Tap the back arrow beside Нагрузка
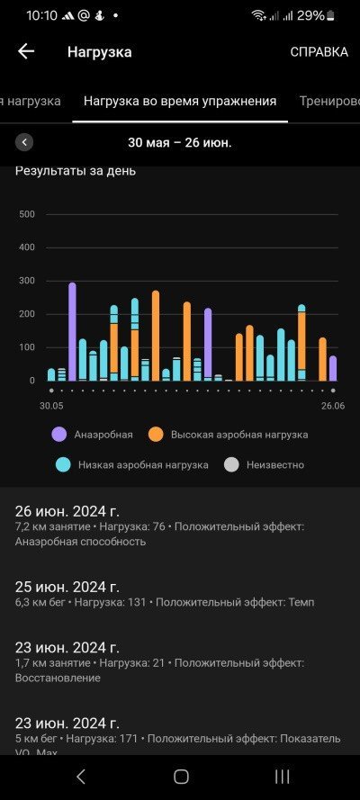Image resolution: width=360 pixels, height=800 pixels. coord(26,51)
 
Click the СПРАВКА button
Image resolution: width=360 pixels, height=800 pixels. coord(319,52)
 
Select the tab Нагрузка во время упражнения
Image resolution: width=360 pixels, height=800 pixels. coord(180,101)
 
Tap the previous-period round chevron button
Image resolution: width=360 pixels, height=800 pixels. coord(24,142)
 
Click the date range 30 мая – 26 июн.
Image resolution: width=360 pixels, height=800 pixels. coord(179,143)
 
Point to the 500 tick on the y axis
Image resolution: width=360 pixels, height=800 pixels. coord(26,214)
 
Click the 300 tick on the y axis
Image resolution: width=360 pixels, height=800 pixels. coord(26,281)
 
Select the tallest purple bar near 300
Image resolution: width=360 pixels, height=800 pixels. coord(72,332)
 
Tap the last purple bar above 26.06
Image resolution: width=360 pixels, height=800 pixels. coord(333,368)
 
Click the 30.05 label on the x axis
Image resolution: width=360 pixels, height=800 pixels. coord(51,406)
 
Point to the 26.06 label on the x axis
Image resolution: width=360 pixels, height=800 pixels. coord(333,406)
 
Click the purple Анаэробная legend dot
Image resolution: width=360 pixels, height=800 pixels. coord(59,435)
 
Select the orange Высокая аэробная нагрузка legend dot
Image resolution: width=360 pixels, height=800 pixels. coord(156,435)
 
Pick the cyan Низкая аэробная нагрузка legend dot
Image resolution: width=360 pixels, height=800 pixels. coord(63,465)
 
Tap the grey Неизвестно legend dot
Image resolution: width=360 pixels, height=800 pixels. coord(231,465)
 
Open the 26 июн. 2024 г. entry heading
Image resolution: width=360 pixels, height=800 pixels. coord(67,511)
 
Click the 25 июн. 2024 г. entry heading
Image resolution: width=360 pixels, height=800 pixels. coord(67,587)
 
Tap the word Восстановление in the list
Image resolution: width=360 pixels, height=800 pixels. coord(58,678)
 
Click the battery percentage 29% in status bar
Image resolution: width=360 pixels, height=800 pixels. coord(310,16)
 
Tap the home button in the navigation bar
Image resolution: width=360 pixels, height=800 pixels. coord(181,777)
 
